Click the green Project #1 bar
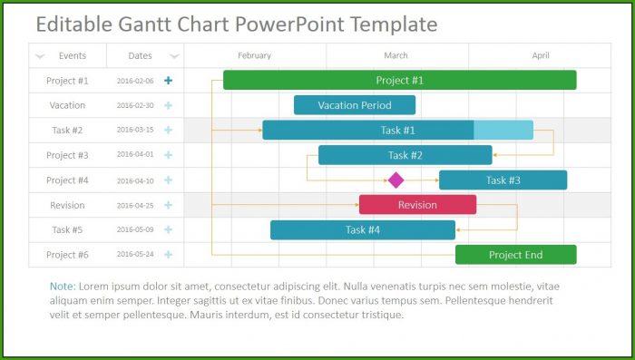click(x=400, y=80)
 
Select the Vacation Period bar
click(x=355, y=105)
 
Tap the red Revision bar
click(x=417, y=205)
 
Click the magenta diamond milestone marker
click(x=396, y=180)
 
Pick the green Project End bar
click(x=516, y=255)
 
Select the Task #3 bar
click(x=503, y=180)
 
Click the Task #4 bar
click(x=363, y=230)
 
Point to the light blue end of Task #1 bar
click(x=503, y=130)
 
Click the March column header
click(x=396, y=55)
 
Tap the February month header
click(x=254, y=55)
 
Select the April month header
click(x=541, y=55)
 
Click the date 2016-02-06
click(x=135, y=81)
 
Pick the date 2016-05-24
click(x=135, y=254)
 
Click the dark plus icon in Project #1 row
click(x=168, y=80)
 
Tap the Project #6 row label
click(x=67, y=255)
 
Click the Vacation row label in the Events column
click(x=67, y=105)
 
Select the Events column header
click(x=73, y=55)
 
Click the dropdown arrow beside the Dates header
click(x=174, y=56)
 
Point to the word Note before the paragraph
click(x=63, y=287)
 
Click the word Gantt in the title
click(x=145, y=24)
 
